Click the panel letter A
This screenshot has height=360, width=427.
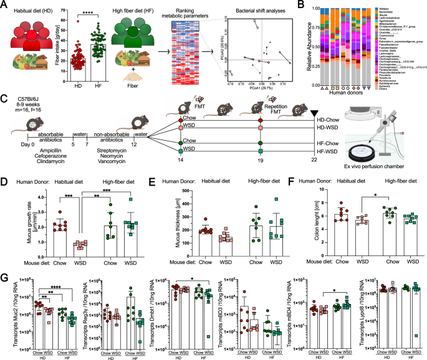tap(4, 5)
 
